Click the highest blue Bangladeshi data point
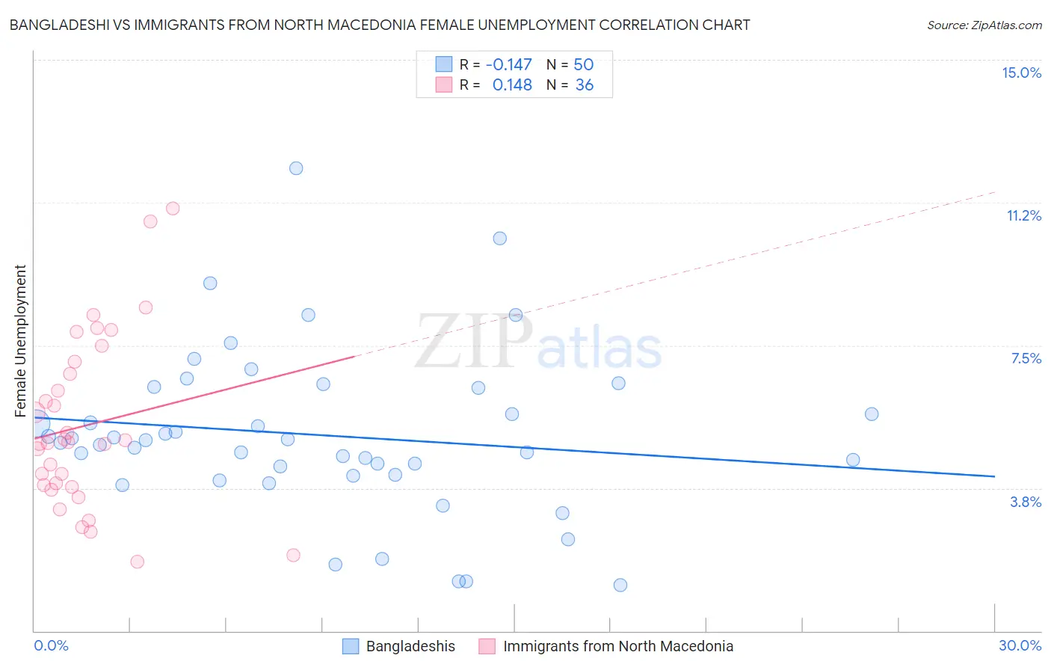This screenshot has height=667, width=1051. click(296, 168)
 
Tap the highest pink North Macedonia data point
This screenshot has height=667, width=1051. click(173, 209)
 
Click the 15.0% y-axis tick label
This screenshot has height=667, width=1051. click(1021, 73)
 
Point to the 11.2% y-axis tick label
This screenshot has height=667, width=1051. click(1023, 215)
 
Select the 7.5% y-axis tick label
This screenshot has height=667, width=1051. click(1026, 358)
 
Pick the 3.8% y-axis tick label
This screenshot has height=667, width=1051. click(1026, 502)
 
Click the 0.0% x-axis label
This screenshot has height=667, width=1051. click(51, 645)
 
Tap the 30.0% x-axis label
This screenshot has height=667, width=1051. click(1020, 645)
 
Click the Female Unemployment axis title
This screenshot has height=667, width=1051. click(20, 341)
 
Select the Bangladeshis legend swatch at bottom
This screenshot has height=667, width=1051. click(351, 646)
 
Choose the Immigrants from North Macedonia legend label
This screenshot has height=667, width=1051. click(618, 646)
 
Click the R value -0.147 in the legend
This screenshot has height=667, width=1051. click(508, 65)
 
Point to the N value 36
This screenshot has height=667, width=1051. click(585, 85)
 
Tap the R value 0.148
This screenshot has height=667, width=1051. click(512, 85)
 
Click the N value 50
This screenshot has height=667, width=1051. click(584, 65)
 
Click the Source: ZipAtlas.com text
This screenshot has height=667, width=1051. click(984, 25)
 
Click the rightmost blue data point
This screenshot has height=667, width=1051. click(872, 414)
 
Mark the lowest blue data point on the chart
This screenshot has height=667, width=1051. click(620, 585)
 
